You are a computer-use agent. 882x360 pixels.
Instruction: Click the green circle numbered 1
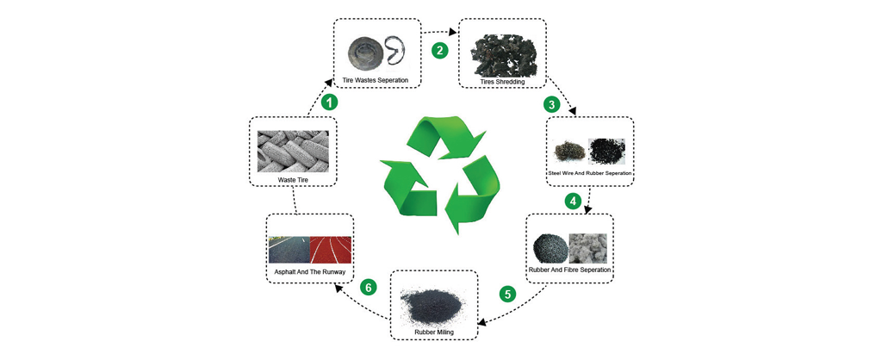click(x=328, y=102)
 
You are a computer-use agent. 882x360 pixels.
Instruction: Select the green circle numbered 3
click(x=552, y=105)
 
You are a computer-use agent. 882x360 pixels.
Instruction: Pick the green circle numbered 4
click(x=571, y=201)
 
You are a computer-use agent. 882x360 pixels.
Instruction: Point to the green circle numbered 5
click(x=507, y=294)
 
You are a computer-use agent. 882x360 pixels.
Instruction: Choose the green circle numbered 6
click(x=369, y=287)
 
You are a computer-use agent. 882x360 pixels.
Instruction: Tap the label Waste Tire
click(x=292, y=180)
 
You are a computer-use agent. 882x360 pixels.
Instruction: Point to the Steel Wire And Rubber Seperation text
click(x=591, y=173)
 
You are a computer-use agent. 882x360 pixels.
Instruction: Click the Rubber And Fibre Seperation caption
click(x=569, y=270)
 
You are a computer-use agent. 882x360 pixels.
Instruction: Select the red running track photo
click(x=331, y=250)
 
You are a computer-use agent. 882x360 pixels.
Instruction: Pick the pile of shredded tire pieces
click(x=502, y=52)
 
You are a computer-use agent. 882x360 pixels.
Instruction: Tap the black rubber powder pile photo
click(x=433, y=302)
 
